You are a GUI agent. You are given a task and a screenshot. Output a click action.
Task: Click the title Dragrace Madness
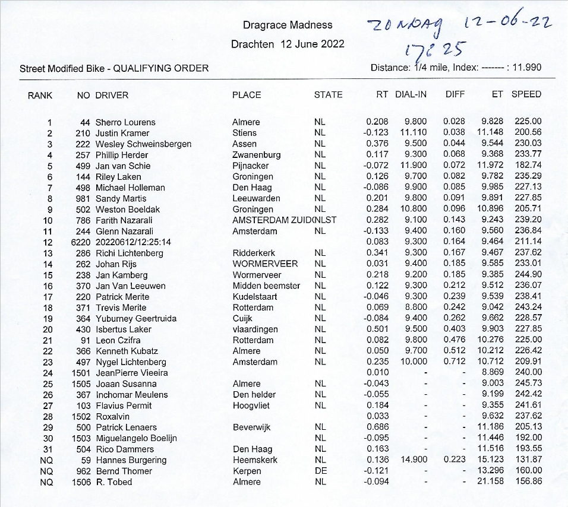click(288, 25)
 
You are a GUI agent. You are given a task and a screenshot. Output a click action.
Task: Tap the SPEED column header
click(526, 94)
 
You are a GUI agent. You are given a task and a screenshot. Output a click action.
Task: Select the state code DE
click(320, 471)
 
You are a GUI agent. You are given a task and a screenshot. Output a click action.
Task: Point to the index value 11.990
click(526, 68)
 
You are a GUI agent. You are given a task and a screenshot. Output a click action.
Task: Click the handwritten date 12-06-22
click(507, 23)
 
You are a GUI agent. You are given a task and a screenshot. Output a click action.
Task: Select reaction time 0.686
click(377, 427)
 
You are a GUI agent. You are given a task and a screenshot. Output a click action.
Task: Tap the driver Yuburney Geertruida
click(136, 319)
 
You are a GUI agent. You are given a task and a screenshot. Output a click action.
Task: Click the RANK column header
click(40, 95)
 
